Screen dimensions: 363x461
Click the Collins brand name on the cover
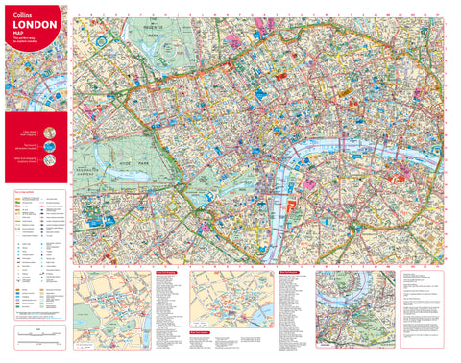point(21,15)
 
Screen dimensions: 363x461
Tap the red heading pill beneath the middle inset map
point(204,333)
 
